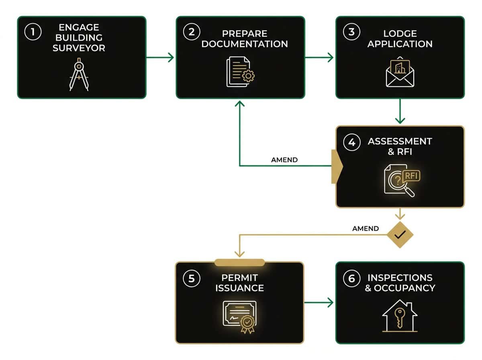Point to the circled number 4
pos(351,143)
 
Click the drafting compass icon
pos(79,74)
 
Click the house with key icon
pos(400,315)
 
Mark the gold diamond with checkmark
pos(400,235)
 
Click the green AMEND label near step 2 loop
pos(284,160)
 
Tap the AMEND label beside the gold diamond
pos(365,228)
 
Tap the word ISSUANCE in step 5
pos(239,288)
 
